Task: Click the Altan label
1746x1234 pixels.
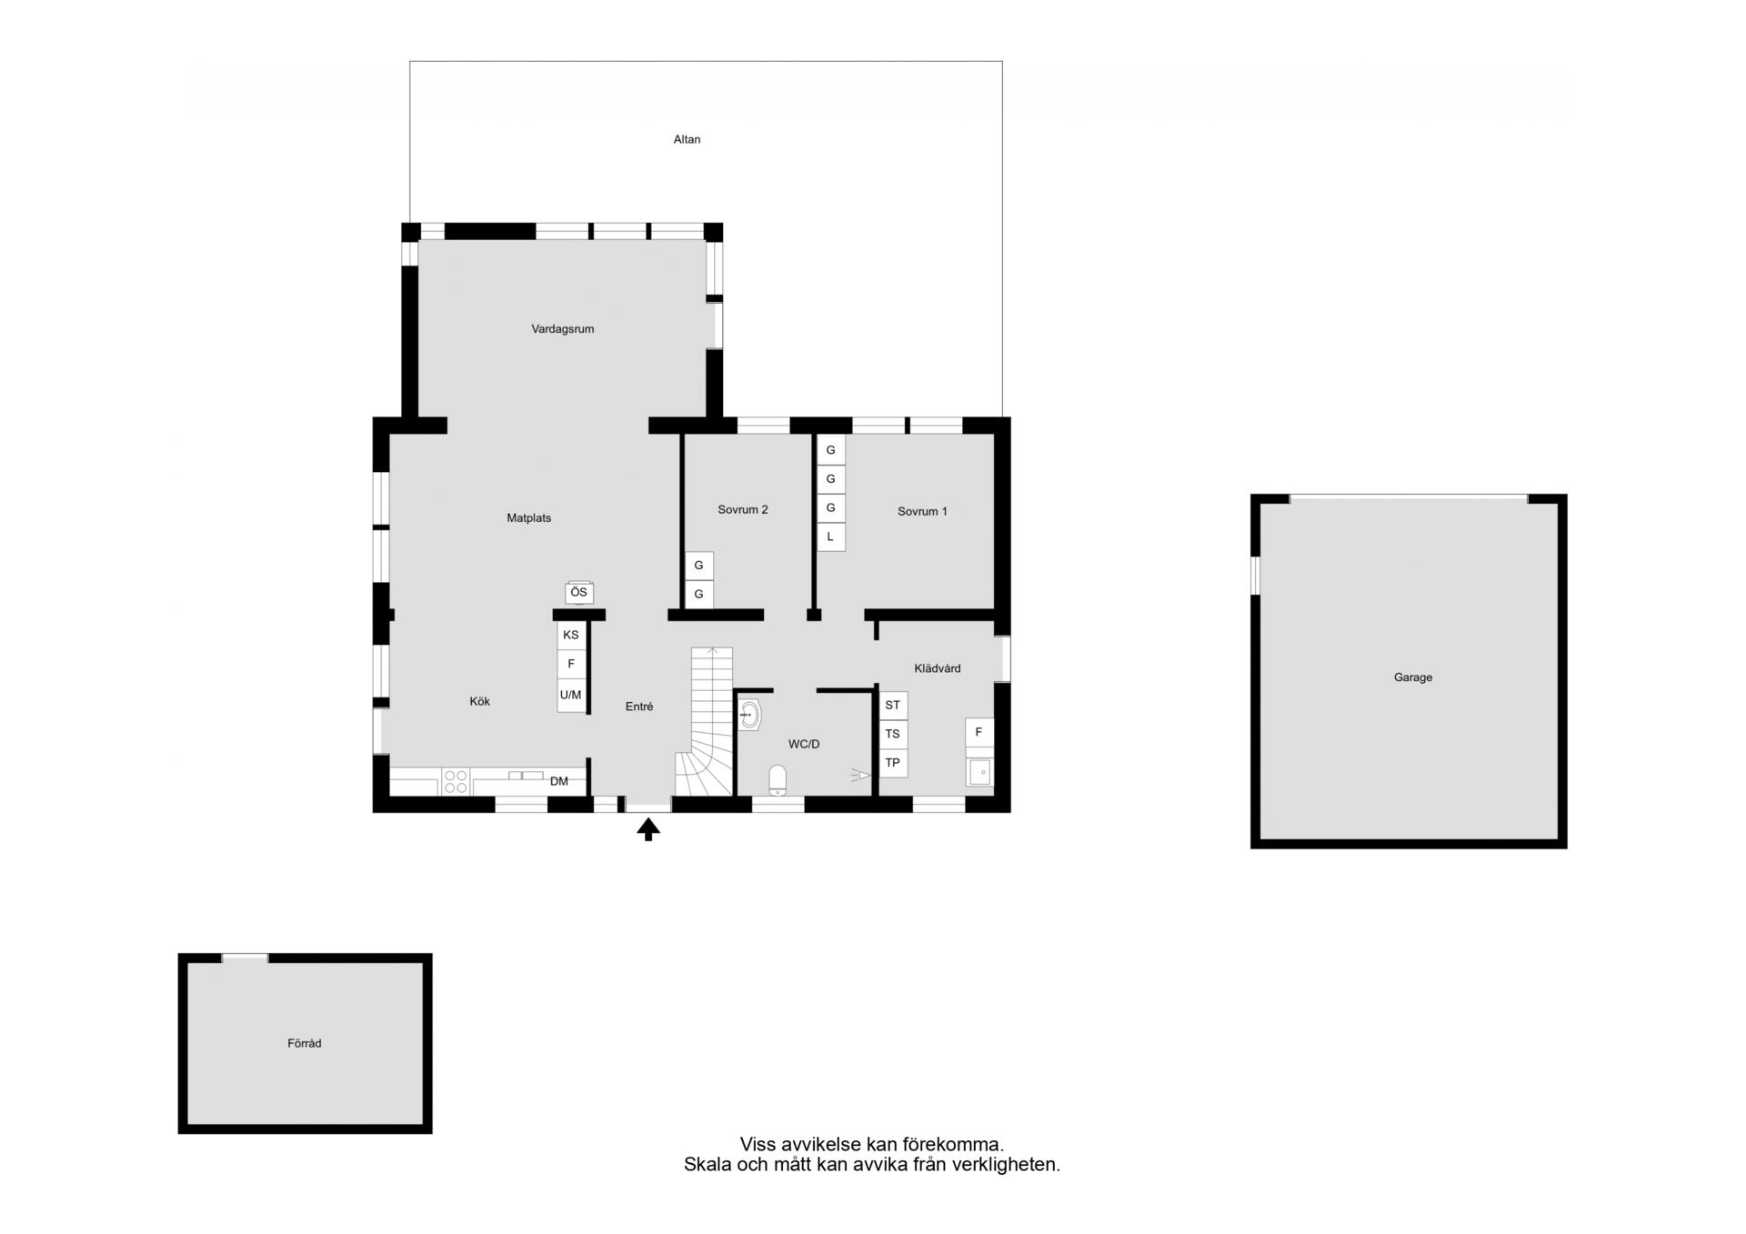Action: pyautogui.click(x=687, y=139)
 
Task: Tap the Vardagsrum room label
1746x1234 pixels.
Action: pyautogui.click(x=563, y=329)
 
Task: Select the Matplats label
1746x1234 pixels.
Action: pyautogui.click(x=529, y=518)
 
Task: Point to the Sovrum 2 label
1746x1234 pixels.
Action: pyautogui.click(x=743, y=510)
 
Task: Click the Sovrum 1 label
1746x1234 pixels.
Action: pyautogui.click(x=922, y=512)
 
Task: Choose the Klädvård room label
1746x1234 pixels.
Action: pyautogui.click(x=938, y=668)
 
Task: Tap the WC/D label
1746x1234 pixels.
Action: pyautogui.click(x=804, y=744)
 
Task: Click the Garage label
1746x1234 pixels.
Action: pyautogui.click(x=1413, y=677)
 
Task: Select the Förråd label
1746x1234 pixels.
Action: pyautogui.click(x=305, y=1043)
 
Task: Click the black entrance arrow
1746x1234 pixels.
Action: pyautogui.click(x=648, y=829)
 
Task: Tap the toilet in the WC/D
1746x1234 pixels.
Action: pyautogui.click(x=778, y=780)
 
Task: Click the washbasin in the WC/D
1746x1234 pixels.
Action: pyautogui.click(x=749, y=715)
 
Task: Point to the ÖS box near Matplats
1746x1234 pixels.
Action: pyautogui.click(x=579, y=592)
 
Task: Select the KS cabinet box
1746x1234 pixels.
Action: pyautogui.click(x=571, y=635)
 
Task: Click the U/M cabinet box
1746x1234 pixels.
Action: pyautogui.click(x=571, y=696)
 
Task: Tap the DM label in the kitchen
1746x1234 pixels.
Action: pyautogui.click(x=559, y=781)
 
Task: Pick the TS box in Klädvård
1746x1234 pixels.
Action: pyautogui.click(x=893, y=734)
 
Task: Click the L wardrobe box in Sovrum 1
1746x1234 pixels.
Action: pyautogui.click(x=830, y=537)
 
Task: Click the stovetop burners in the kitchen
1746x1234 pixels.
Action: pyautogui.click(x=456, y=782)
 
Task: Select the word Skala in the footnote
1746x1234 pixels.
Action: pyautogui.click(x=707, y=1164)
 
